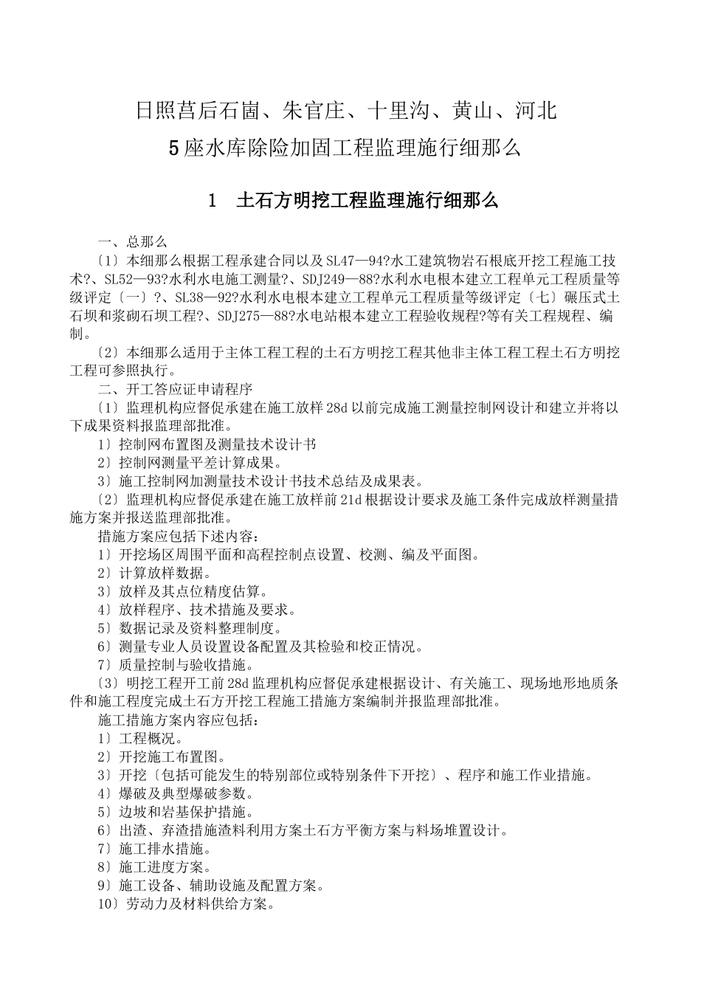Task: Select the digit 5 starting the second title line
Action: click(x=174, y=148)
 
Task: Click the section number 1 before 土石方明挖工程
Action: click(x=213, y=200)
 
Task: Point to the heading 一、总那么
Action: click(x=133, y=241)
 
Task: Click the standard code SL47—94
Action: click(x=353, y=261)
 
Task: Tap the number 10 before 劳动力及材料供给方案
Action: click(x=104, y=904)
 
